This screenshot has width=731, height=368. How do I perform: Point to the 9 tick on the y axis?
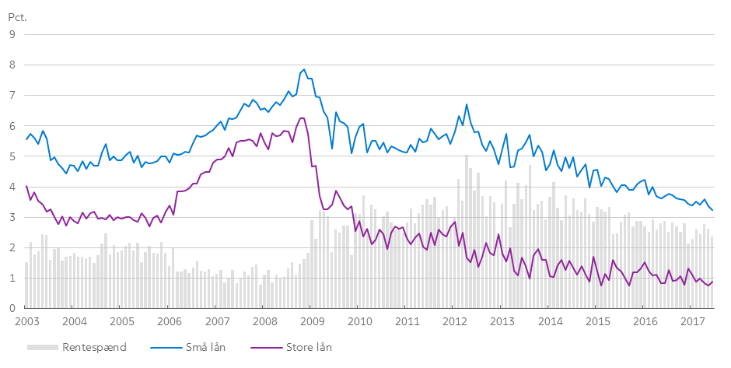pos(12,34)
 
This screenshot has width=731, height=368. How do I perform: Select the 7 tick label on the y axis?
pos(12,96)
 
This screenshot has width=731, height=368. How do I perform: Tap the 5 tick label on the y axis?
pos(12,156)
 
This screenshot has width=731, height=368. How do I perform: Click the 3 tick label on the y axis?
pos(12,217)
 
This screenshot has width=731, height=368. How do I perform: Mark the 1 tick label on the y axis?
pos(12,278)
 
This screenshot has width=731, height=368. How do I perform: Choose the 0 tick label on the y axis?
pos(12,308)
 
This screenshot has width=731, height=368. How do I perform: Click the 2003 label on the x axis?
pos(27,321)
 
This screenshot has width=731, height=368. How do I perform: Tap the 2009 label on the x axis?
pos(312,321)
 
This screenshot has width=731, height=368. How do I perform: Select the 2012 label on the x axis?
pos(454,321)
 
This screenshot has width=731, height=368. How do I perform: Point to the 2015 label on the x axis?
pos(597,321)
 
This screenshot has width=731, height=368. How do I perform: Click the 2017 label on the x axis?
pos(692,321)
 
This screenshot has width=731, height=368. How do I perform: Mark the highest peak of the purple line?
pos(301,118)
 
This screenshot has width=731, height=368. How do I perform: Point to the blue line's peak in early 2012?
pos(467,104)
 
